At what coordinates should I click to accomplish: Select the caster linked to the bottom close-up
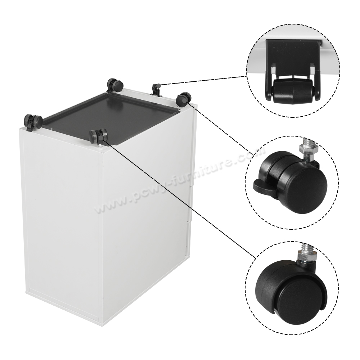(98, 135)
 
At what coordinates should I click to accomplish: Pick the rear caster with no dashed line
(115, 86)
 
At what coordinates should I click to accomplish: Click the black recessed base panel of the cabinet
(115, 115)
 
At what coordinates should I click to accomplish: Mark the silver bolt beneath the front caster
(99, 145)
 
